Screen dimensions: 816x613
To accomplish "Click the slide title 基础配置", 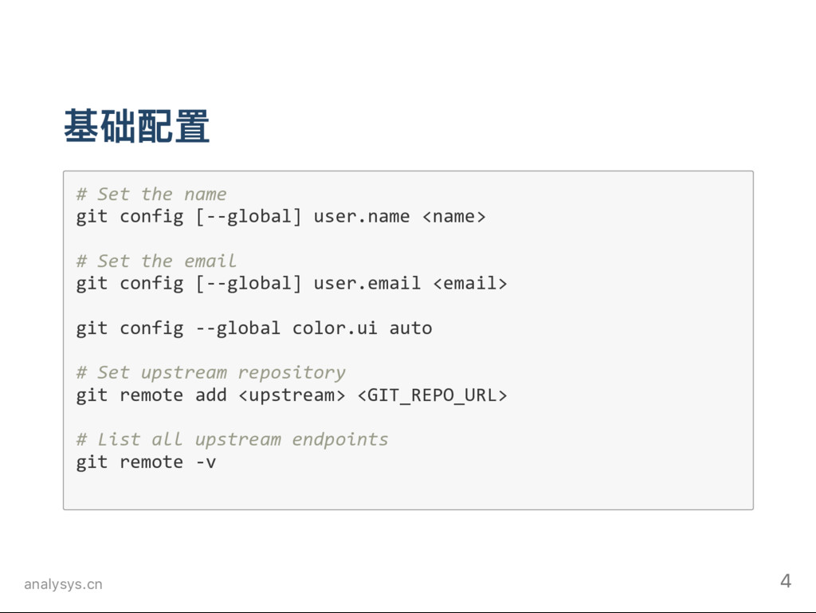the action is [x=136, y=127].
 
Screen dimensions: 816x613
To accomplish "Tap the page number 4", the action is [x=786, y=581].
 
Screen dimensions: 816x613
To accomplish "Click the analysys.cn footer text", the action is [x=63, y=585].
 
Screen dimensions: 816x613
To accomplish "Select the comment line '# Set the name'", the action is [x=151, y=194].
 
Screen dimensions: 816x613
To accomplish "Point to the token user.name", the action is [x=362, y=216].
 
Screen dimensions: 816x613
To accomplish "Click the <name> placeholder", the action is [x=453, y=216].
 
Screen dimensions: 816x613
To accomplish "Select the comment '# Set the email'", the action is [x=156, y=261].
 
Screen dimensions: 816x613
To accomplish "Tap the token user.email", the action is [x=367, y=283].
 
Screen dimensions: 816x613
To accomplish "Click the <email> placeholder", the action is [x=469, y=283].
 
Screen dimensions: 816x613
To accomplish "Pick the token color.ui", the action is [x=335, y=328].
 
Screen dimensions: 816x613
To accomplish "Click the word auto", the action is [x=410, y=328].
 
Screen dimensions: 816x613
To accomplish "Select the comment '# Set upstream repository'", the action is [x=210, y=372].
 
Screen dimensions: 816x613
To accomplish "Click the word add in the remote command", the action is [x=211, y=395].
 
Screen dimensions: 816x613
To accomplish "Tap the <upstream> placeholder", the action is [x=292, y=395].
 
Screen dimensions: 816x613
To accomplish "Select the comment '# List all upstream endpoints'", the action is [x=232, y=439].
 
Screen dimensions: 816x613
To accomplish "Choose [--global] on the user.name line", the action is [x=249, y=216].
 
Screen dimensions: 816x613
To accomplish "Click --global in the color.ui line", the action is [x=237, y=328].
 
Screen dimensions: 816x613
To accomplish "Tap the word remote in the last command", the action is [x=151, y=462].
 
